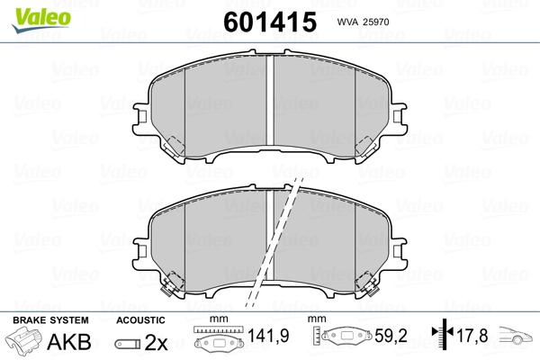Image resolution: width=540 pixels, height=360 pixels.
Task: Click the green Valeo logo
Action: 41,20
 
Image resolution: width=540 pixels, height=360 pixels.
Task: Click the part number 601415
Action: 270,22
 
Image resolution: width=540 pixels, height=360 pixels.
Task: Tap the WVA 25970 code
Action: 363,22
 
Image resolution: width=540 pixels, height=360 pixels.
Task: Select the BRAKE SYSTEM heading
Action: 50,320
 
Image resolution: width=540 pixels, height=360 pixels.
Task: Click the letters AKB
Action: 69,341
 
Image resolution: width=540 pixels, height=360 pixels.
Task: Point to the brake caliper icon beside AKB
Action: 23,339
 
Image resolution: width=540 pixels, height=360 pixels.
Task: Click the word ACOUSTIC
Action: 140,320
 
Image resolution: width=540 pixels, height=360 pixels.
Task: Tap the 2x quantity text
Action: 156,342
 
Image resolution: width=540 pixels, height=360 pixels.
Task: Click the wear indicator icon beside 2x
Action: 128,344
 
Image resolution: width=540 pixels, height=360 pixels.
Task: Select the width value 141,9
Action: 268,336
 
